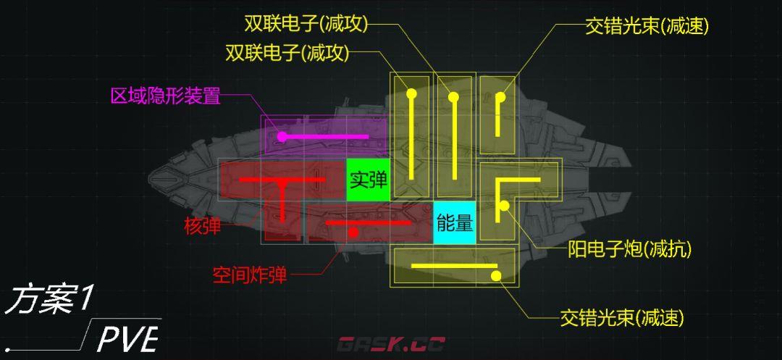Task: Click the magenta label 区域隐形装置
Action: [x=165, y=96]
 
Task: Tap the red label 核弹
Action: [x=203, y=227]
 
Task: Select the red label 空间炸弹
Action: [x=250, y=275]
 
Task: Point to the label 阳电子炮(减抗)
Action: [x=629, y=250]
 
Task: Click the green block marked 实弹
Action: [x=368, y=180]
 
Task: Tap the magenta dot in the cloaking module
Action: [x=282, y=136]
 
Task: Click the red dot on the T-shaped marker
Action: [x=282, y=185]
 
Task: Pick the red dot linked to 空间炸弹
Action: [x=353, y=233]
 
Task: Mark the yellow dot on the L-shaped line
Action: [x=504, y=206]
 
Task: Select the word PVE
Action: [x=127, y=339]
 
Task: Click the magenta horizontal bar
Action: [x=326, y=136]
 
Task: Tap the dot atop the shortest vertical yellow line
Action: [x=500, y=96]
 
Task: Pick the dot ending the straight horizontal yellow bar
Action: [x=496, y=275]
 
